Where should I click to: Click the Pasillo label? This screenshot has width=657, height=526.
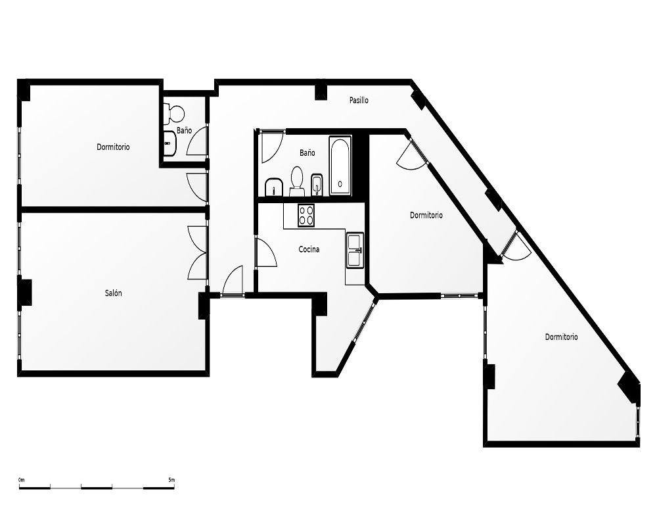click(359, 100)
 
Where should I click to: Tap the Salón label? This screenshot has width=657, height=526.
click(113, 293)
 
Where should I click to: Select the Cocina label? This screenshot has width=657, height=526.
click(309, 249)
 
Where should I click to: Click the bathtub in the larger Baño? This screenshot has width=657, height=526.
click(340, 166)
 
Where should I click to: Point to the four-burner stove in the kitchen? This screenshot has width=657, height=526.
click(306, 215)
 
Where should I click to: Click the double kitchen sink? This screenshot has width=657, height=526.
click(355, 250)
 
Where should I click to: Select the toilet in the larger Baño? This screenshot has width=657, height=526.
click(297, 181)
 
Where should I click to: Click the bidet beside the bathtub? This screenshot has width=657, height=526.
click(317, 185)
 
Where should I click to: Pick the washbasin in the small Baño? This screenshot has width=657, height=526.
click(171, 143)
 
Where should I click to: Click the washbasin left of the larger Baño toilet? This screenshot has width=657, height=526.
click(274, 187)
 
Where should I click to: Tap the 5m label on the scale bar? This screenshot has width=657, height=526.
click(171, 480)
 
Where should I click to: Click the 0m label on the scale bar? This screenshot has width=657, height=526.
click(22, 480)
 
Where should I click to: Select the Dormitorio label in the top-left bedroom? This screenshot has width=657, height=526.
click(113, 147)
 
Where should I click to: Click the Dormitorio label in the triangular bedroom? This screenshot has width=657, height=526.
click(562, 337)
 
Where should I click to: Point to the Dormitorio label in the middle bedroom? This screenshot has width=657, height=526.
click(426, 215)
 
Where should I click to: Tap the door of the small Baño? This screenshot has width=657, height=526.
click(197, 140)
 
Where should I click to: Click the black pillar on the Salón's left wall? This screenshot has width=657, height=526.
click(25, 292)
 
